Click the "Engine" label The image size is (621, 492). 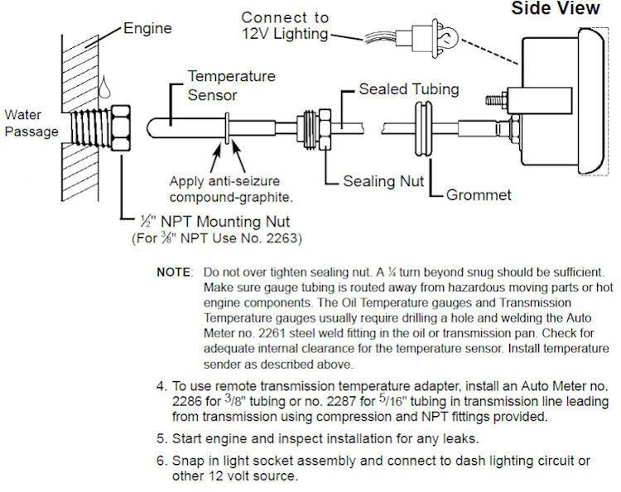[x=147, y=28]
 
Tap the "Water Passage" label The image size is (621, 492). [x=30, y=122]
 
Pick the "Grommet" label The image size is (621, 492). [x=478, y=196]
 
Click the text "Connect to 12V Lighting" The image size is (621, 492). [x=286, y=25]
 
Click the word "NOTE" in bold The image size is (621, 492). [x=174, y=272]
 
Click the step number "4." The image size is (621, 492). [x=161, y=386]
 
